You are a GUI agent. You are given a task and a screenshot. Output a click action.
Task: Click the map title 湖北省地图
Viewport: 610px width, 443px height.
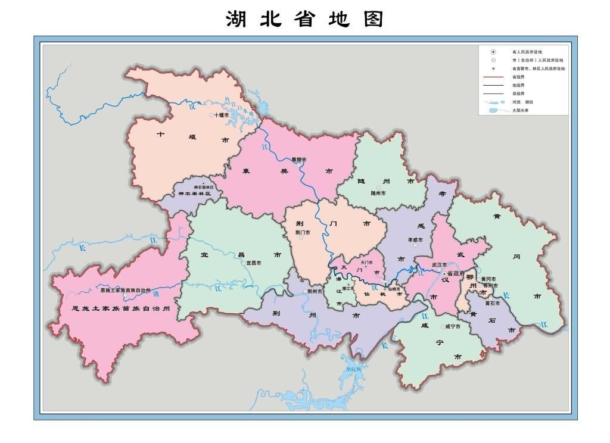point(304,18)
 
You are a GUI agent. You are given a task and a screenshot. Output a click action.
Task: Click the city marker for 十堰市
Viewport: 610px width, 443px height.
point(211,115)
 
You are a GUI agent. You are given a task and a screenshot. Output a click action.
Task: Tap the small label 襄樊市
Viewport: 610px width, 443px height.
point(298,160)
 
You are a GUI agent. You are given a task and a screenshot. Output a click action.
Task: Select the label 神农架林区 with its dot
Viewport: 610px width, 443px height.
point(200,187)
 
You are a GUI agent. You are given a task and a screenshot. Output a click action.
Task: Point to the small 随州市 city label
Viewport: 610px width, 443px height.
point(378,194)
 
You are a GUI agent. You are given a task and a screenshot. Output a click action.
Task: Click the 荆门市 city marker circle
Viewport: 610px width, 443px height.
point(301,238)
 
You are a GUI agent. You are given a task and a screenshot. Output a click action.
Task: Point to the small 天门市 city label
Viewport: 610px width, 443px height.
point(366,263)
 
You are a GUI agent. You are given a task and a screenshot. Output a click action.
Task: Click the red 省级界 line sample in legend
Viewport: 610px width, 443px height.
point(495,77)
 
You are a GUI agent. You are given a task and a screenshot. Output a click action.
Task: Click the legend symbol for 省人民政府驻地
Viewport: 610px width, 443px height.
point(494,52)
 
